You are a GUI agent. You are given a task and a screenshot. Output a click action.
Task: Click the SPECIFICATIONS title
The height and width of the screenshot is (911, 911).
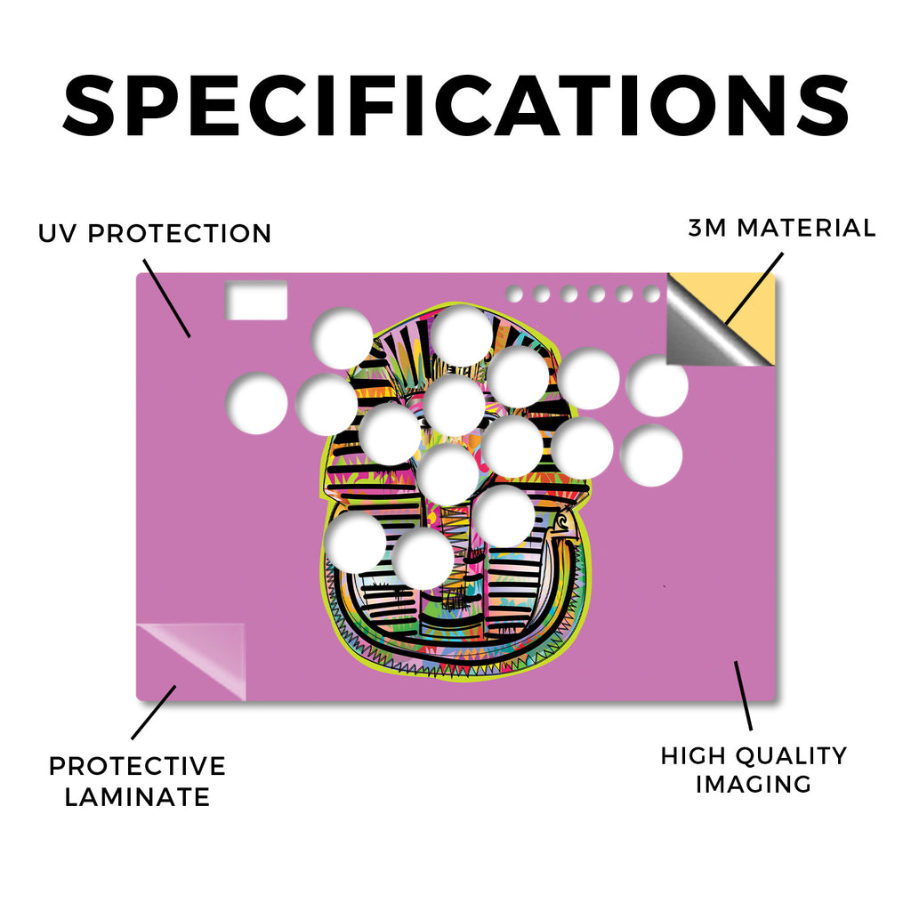coord(456,106)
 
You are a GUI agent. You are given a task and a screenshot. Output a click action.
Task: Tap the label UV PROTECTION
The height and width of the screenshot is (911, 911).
coord(155,234)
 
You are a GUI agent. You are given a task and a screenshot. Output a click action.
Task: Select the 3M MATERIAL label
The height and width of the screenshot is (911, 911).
coord(781,228)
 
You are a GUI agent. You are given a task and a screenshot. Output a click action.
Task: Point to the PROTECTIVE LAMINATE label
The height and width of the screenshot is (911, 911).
coord(137,781)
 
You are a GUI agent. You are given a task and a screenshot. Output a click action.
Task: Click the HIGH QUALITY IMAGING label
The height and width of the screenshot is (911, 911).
coord(754,770)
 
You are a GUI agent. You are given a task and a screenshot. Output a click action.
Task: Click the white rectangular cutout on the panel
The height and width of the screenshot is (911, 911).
coord(256,300)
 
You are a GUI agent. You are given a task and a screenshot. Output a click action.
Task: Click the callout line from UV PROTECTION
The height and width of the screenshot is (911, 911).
coord(166,298)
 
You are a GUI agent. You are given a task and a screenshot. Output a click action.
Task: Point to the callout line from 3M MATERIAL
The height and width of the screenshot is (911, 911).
coord(754,288)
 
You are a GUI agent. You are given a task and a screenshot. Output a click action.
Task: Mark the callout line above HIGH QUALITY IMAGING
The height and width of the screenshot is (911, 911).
coord(743,696)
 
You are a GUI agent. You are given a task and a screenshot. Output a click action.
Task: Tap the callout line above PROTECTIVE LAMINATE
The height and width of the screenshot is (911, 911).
coord(153,713)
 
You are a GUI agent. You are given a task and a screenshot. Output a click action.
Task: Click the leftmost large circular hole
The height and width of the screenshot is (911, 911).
coord(256,404)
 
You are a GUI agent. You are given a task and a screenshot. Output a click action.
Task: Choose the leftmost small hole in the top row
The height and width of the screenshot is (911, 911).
coord(514,294)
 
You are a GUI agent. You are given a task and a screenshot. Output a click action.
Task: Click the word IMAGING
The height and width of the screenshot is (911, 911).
coord(754,784)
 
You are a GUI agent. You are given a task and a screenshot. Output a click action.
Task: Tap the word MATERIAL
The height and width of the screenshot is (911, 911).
coord(806,228)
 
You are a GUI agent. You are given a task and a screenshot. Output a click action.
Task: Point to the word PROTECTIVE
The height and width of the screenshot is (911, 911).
coord(137,766)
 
